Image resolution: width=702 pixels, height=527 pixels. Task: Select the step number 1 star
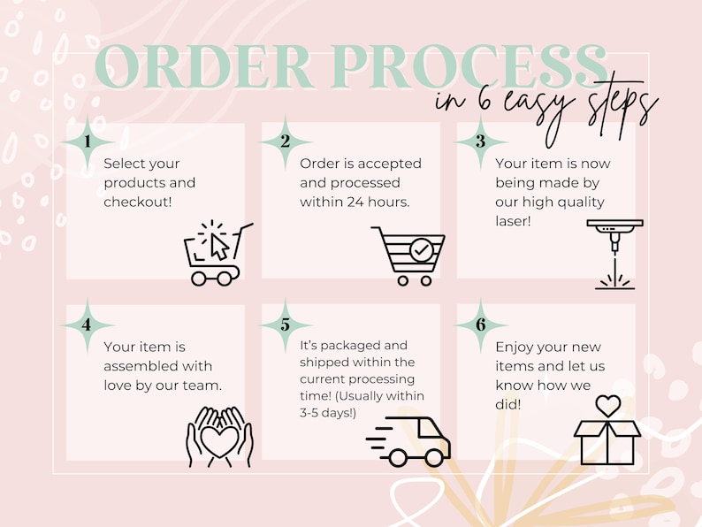[88, 142]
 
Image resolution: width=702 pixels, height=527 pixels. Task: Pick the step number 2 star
[286, 142]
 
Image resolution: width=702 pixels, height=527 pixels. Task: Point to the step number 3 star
[480, 142]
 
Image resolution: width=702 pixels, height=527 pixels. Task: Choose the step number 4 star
[88, 325]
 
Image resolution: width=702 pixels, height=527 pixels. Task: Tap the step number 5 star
[286, 325]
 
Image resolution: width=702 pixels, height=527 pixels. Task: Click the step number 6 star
[480, 325]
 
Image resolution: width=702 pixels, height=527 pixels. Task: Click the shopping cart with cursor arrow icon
[218, 253]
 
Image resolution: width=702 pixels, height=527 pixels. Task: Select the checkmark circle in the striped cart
[422, 250]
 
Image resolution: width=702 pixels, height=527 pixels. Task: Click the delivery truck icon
[408, 442]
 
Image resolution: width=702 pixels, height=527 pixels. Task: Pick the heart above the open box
[608, 405]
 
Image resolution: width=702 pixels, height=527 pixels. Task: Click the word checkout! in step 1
[138, 202]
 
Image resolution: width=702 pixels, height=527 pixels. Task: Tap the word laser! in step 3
[513, 221]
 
